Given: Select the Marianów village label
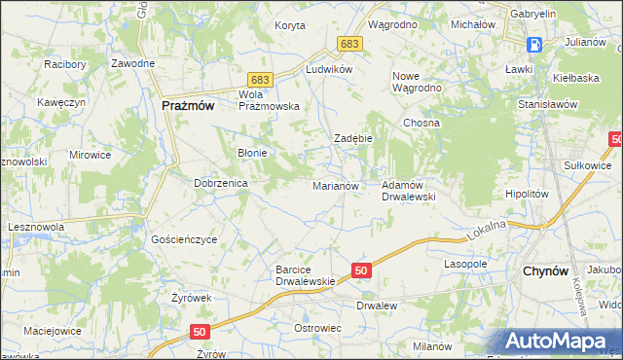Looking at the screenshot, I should click(336, 185).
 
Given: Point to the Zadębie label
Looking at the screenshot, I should click(353, 138).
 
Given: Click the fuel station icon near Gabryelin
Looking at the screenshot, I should click(534, 45).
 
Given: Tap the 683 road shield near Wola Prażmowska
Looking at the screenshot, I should click(259, 78).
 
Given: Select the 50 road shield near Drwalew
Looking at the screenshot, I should click(360, 270).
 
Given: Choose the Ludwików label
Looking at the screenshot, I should click(328, 70).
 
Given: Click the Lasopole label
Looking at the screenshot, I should click(464, 264).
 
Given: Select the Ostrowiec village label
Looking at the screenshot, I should click(317, 328).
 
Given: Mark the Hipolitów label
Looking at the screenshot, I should click(528, 194).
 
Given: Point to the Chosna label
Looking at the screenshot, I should click(422, 124).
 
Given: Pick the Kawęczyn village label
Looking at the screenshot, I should click(63, 102).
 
